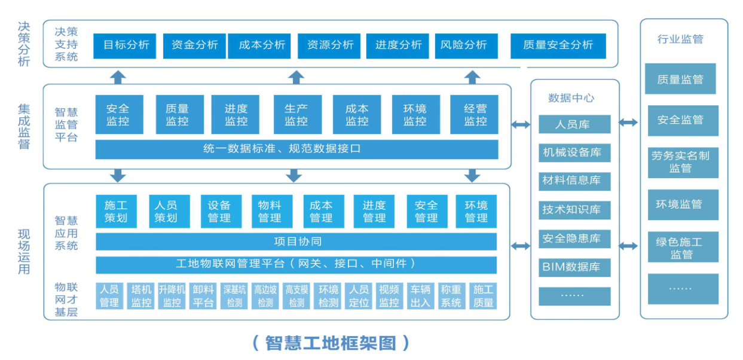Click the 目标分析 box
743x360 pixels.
click(125, 45)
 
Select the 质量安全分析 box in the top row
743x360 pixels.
click(558, 45)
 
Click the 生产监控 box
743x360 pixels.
click(296, 115)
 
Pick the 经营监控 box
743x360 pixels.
click(475, 115)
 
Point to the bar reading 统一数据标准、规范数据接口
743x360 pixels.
click(296, 149)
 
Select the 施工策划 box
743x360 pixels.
click(116, 211)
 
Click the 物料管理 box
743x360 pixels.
click(270, 211)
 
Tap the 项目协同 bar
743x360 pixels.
click(296, 242)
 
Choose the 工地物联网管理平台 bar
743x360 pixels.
click(296, 264)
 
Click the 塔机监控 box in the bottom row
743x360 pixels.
click(141, 296)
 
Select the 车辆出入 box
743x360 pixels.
click(420, 296)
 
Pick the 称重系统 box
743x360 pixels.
click(451, 296)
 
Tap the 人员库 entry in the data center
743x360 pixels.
click(574, 124)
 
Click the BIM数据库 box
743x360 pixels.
click(574, 267)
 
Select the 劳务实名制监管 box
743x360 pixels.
click(680, 162)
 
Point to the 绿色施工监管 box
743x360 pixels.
click(680, 248)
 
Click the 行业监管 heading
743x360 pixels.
click(680, 39)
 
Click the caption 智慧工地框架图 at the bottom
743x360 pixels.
click(331, 343)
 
